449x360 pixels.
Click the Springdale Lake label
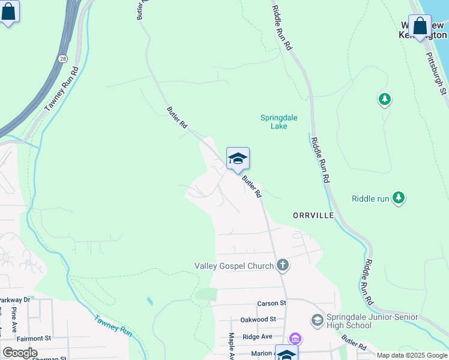[x=279, y=122]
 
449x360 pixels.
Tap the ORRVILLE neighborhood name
[x=313, y=215]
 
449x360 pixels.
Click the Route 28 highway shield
[x=62, y=59]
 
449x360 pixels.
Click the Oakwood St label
[x=258, y=320]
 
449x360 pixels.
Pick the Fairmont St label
[x=34, y=339]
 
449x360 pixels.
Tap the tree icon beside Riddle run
[x=398, y=197]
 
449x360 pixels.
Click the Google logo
[x=19, y=353]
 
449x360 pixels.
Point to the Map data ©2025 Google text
[x=412, y=355]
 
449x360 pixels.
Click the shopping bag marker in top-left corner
[x=8, y=13]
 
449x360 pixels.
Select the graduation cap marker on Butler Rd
[x=238, y=159]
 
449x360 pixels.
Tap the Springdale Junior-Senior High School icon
[x=317, y=321]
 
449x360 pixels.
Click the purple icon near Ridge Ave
[x=294, y=338]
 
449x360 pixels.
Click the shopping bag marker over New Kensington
[x=420, y=26]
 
